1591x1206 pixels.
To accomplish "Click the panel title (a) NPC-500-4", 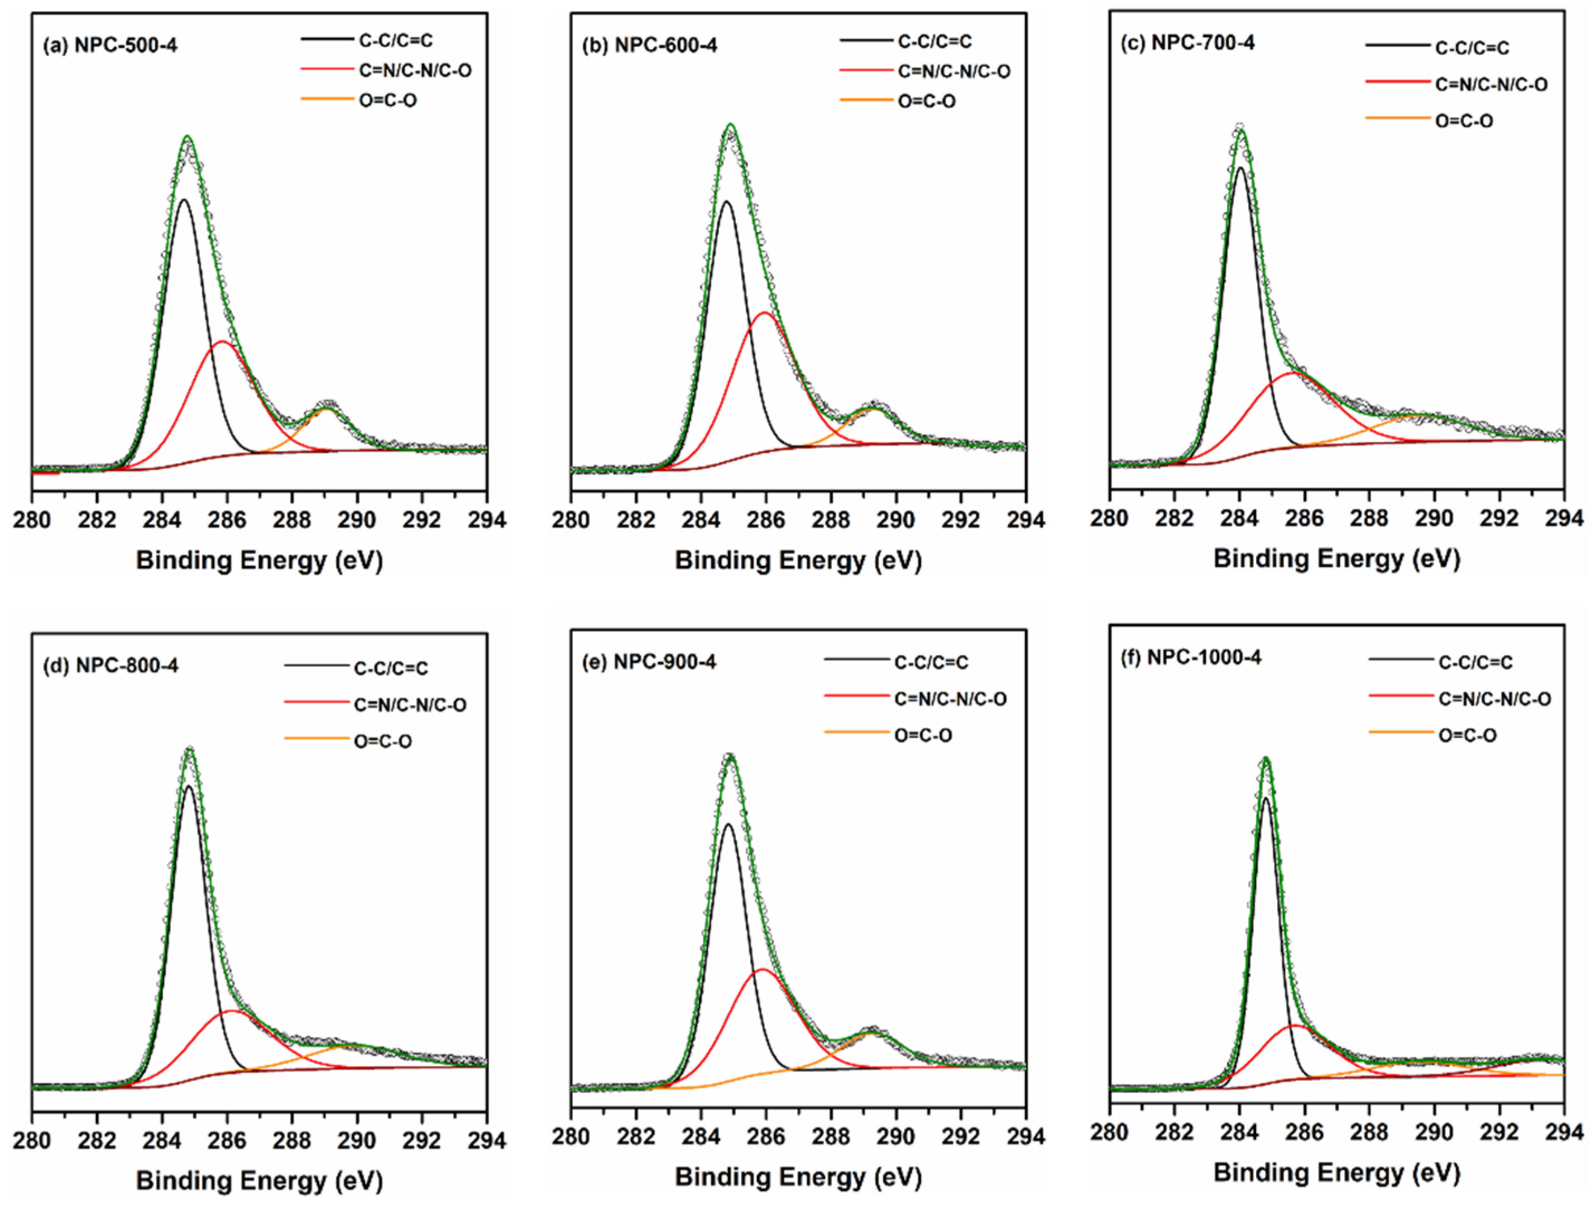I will click(110, 46).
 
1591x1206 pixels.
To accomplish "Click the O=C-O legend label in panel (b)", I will click(926, 102).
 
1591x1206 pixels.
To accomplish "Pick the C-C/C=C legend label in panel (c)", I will click(1472, 48).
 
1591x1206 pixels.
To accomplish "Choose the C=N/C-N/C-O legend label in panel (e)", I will click(950, 698).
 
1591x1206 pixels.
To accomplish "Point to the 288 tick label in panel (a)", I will click(292, 519).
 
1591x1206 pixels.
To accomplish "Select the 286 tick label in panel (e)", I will click(766, 1137).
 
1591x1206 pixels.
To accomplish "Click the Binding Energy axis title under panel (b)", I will click(798, 560).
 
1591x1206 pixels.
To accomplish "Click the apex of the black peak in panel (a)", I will click(184, 199).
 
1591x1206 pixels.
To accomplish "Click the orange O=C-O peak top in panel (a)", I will click(327, 409).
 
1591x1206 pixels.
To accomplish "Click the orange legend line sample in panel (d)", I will click(316, 738).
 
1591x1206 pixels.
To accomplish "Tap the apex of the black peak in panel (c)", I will click(1240, 167).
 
